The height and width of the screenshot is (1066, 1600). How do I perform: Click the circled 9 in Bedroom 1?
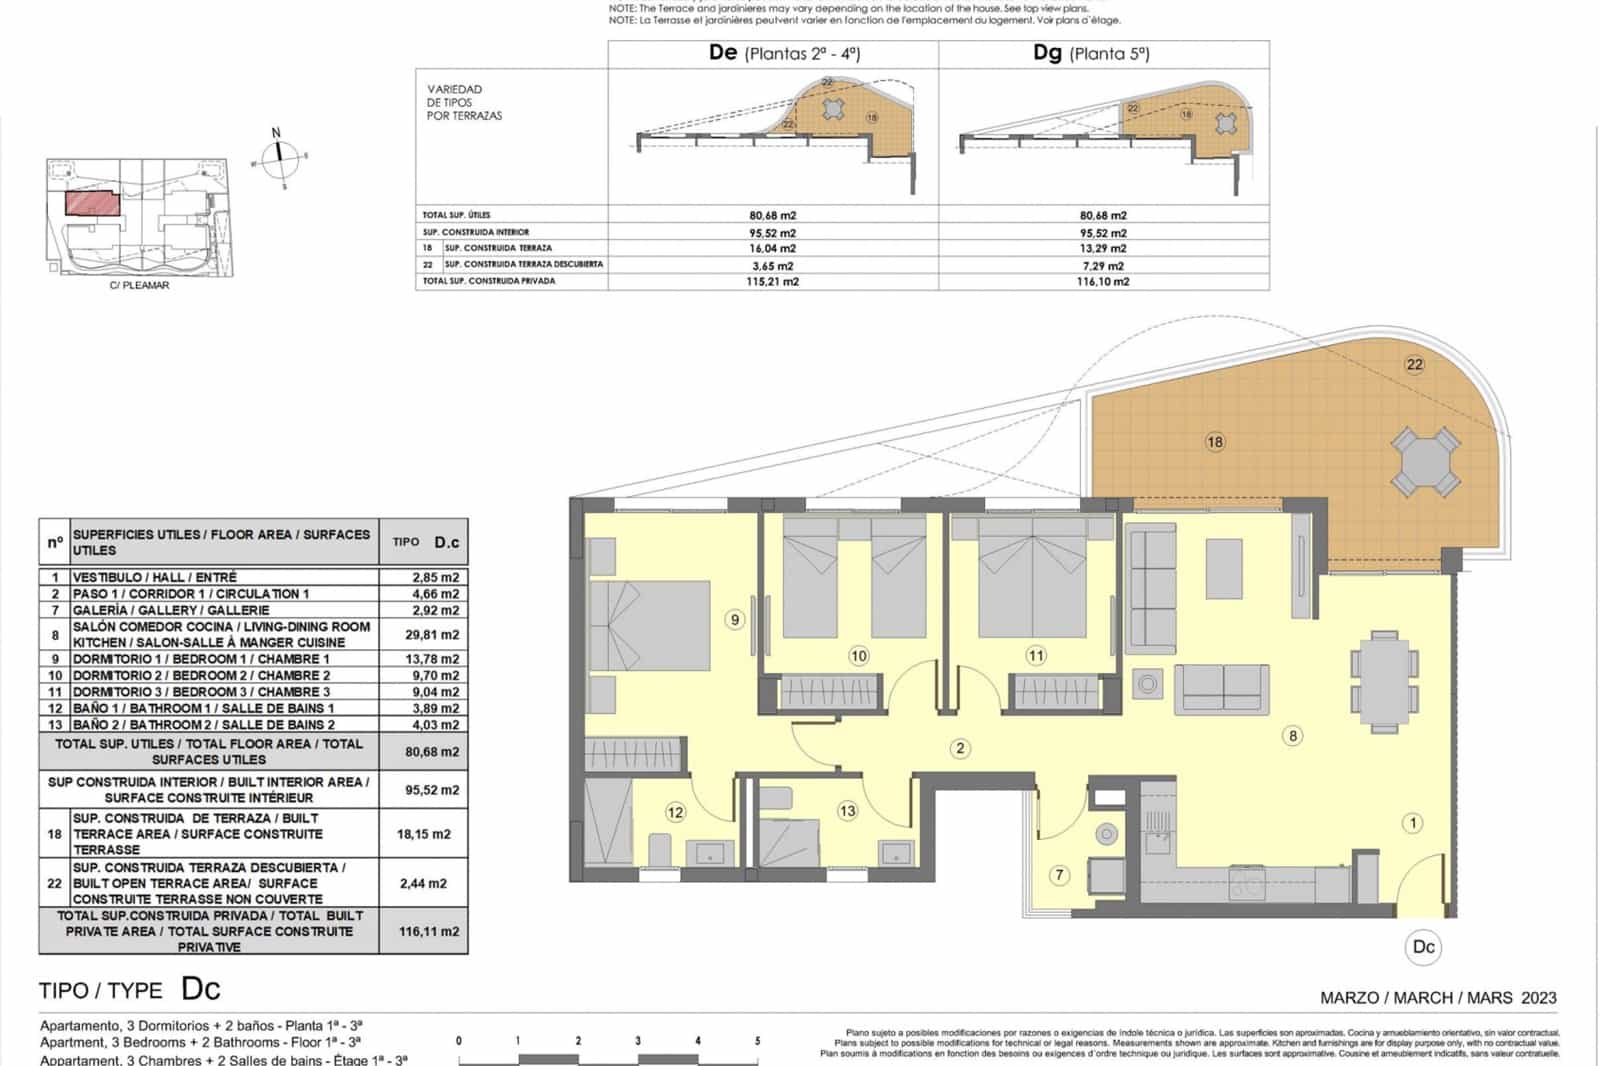click(735, 620)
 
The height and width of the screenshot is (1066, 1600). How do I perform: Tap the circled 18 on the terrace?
click(1215, 442)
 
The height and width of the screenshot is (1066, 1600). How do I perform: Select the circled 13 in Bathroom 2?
click(847, 811)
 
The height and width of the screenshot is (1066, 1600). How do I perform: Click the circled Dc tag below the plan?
click(1423, 947)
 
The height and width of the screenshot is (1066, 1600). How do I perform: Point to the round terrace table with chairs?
click(1425, 462)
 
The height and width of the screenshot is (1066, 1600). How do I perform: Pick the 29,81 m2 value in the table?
click(435, 635)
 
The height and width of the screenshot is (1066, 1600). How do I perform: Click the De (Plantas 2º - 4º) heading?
click(783, 53)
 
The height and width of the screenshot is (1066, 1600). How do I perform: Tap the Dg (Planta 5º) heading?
click(1091, 53)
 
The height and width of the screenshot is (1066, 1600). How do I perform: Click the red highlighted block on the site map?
click(92, 203)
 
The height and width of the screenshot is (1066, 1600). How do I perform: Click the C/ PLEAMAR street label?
click(139, 285)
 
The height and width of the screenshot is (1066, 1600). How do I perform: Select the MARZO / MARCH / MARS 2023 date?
click(1438, 997)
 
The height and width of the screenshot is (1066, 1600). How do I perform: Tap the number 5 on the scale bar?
click(757, 1041)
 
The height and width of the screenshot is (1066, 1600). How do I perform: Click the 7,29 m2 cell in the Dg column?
click(1103, 266)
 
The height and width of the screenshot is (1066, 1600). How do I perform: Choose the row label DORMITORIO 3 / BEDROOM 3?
click(201, 692)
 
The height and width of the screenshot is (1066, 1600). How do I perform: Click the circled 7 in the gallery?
click(1060, 875)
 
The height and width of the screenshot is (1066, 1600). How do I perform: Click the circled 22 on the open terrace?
click(1414, 364)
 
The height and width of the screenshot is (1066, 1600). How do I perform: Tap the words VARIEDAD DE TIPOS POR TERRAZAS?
click(464, 103)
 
